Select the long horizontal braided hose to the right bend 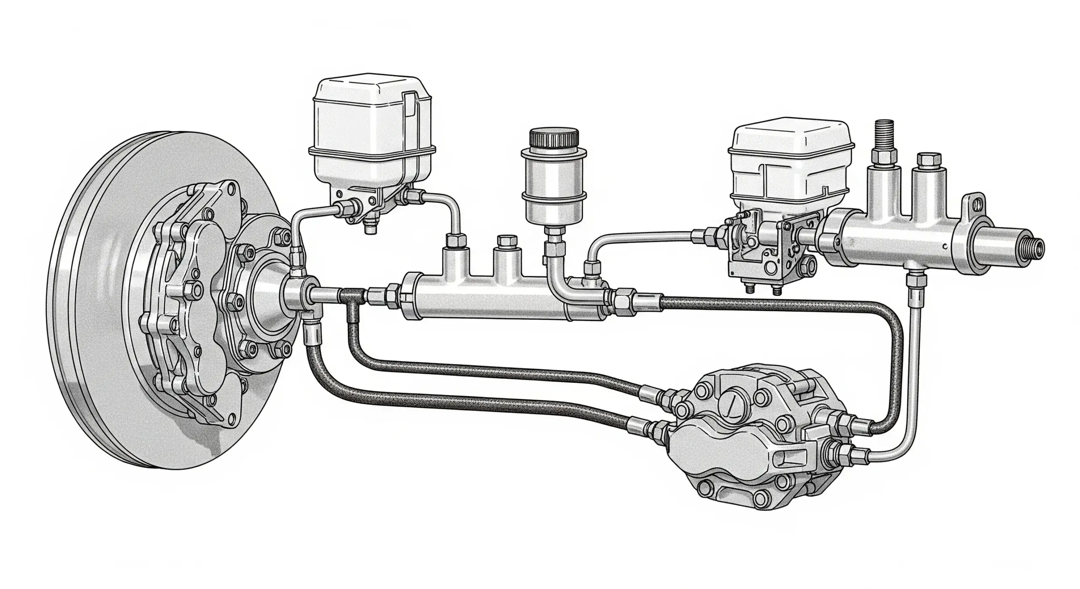coord(759,305)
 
